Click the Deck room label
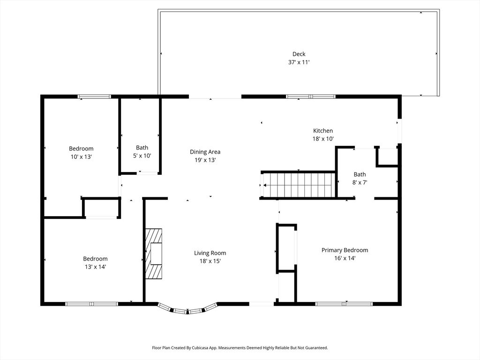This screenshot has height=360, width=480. (x=299, y=54)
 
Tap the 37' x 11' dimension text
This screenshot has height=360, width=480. (x=299, y=62)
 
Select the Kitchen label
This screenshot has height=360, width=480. (x=323, y=131)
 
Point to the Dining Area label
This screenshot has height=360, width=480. (x=205, y=152)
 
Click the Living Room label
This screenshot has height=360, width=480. (x=210, y=253)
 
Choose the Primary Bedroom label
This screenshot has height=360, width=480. (x=345, y=250)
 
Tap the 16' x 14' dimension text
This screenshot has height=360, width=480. (x=345, y=258)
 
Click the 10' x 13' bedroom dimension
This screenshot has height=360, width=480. (x=81, y=157)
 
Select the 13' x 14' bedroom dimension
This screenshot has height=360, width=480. (x=95, y=267)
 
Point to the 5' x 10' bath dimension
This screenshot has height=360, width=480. (x=142, y=156)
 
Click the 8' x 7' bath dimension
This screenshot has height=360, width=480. (x=360, y=182)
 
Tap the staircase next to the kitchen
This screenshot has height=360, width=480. (x=299, y=185)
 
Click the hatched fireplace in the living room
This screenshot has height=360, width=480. (x=153, y=253)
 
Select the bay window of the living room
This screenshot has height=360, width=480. (x=187, y=309)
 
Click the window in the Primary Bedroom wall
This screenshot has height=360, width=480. (x=344, y=304)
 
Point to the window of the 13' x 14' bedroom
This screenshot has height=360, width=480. (x=91, y=304)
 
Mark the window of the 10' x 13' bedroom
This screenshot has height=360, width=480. (x=94, y=97)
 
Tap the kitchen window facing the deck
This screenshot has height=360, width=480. (x=311, y=97)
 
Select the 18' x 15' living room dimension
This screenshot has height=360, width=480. (x=210, y=261)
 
